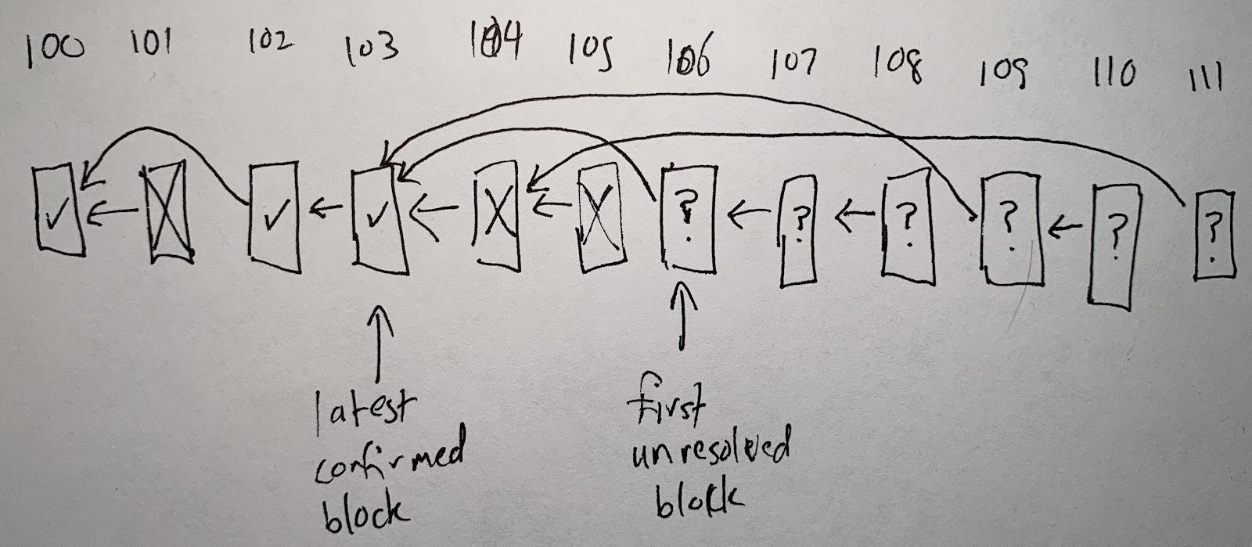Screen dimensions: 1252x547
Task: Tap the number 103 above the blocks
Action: [x=371, y=49]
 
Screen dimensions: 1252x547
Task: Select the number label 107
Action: [x=793, y=63]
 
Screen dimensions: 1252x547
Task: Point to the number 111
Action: [x=1205, y=77]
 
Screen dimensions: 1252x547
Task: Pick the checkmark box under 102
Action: [x=274, y=217]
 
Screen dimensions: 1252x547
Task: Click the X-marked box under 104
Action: [x=496, y=215]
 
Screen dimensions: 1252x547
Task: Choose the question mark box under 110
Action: [x=1116, y=246]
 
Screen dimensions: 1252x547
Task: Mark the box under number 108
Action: [x=908, y=226]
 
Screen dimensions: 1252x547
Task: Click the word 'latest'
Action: [x=365, y=412]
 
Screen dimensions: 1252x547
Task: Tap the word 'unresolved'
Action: [x=711, y=455]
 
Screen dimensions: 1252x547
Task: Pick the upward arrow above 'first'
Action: [x=682, y=315]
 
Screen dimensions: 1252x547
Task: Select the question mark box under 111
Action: [x=1214, y=235]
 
